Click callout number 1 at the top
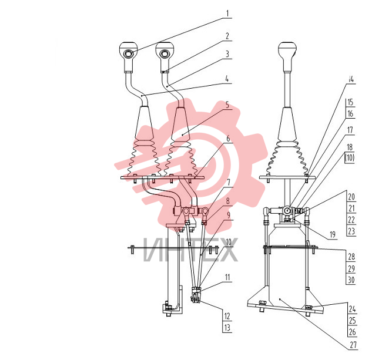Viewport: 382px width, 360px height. click(228, 13)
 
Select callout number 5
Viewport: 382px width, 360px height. click(227, 105)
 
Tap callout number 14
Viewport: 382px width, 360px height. click(351, 79)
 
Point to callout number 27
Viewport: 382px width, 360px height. click(353, 345)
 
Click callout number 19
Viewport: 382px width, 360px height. click(333, 235)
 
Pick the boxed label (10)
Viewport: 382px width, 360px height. click(350, 158)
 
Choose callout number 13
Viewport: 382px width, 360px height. click(227, 328)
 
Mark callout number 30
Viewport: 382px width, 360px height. click(351, 280)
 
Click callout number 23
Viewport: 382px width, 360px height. click(351, 231)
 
